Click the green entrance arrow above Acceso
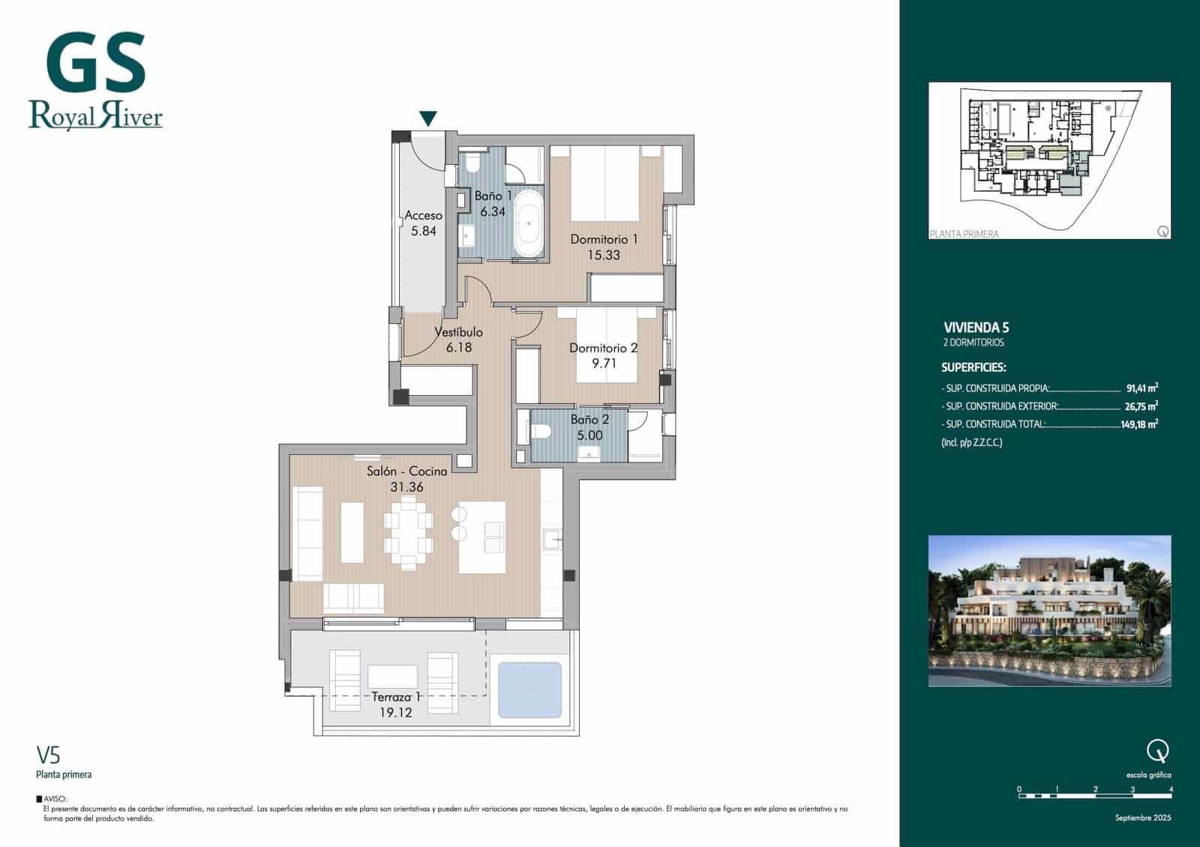[x=427, y=118]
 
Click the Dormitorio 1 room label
[x=604, y=240]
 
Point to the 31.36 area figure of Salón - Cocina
[x=406, y=487]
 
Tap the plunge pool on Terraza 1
[x=529, y=690]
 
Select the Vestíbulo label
[x=458, y=332]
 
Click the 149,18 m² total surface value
[x=1138, y=424]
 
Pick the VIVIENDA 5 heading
[x=976, y=328]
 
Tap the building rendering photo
[x=1049, y=611]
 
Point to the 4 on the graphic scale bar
[x=1171, y=789]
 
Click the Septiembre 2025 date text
[x=1142, y=818]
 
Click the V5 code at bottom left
[x=48, y=754]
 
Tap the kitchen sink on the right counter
[x=552, y=537]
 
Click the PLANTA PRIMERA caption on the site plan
[x=964, y=234]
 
